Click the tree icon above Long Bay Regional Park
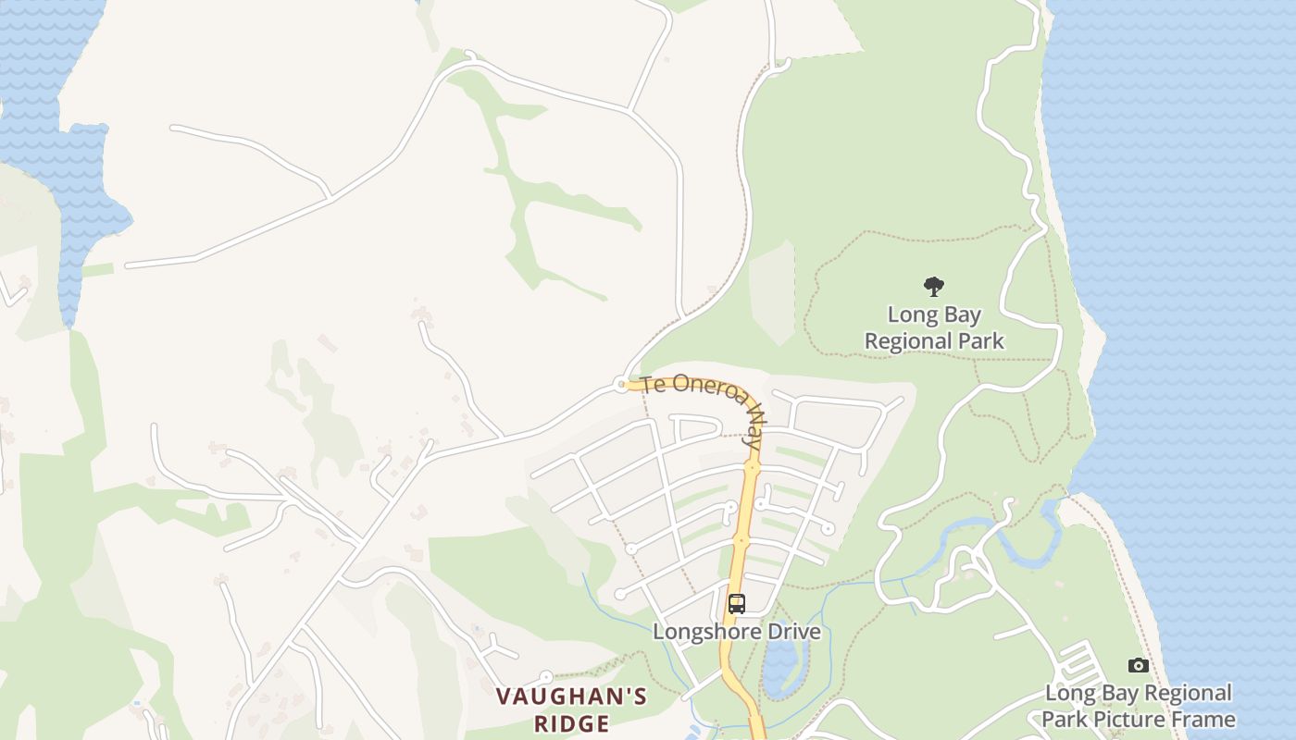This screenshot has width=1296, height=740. coord(934,287)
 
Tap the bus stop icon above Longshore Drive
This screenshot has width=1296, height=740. coord(737,604)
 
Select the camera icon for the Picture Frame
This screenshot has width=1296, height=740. coord(1139,665)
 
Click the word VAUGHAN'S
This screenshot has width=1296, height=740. coord(571,697)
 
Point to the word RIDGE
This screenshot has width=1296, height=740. coord(571,722)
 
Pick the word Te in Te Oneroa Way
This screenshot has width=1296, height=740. coord(652,383)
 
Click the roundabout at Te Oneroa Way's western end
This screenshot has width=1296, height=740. coord(621,384)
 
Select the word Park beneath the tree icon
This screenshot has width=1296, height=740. coord(980,341)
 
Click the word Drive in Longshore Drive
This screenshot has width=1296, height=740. coord(795,633)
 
